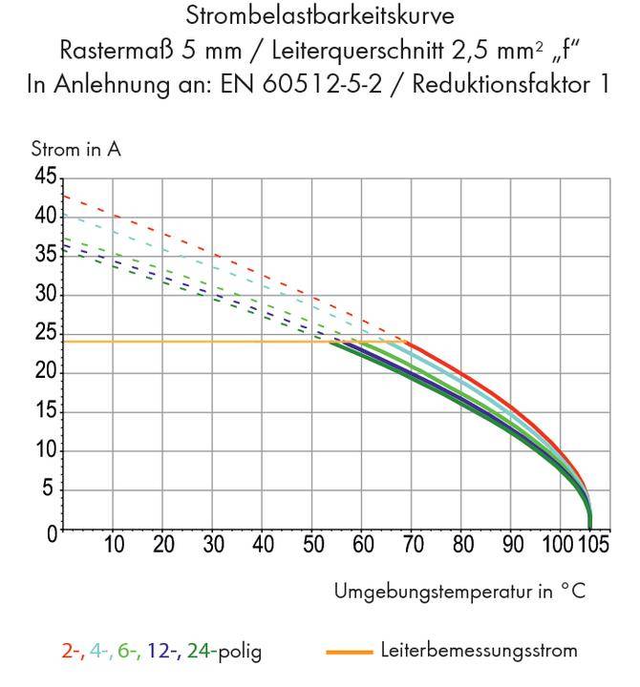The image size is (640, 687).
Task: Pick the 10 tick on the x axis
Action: click(x=113, y=546)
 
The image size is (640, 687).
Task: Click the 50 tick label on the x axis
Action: click(x=313, y=546)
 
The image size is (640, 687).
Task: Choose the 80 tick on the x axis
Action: click(x=463, y=546)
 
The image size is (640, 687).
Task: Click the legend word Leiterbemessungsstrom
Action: click(x=479, y=652)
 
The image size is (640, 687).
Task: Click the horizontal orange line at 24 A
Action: click(x=191, y=342)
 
